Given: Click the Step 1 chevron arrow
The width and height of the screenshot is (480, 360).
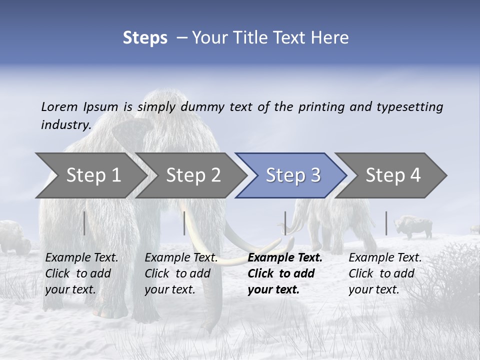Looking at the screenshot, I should (x=93, y=175).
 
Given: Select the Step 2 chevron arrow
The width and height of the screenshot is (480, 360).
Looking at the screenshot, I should (x=193, y=175).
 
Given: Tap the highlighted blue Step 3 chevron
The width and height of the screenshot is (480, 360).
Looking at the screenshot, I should (x=292, y=175).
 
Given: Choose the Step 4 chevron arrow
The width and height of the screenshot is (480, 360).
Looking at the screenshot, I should (x=392, y=175).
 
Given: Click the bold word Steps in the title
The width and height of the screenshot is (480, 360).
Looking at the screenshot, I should (x=145, y=37).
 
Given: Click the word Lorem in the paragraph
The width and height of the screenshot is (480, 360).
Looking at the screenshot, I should (x=59, y=106).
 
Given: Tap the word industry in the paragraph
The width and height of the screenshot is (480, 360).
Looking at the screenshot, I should (x=65, y=124).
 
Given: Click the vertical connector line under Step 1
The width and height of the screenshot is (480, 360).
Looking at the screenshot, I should (x=84, y=223).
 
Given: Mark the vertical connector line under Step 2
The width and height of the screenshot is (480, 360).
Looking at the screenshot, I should (x=184, y=223).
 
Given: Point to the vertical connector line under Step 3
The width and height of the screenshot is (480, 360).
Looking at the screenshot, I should (x=285, y=223).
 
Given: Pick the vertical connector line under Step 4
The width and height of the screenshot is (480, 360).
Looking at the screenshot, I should (x=386, y=223).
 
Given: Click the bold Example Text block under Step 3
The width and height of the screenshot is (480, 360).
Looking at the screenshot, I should (x=285, y=273).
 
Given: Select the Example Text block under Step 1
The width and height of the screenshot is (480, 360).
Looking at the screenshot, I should (x=81, y=273).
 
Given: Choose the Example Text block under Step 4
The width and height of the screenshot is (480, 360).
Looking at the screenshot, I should (x=385, y=273).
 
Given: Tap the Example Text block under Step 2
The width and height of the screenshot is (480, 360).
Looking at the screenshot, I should (x=181, y=273).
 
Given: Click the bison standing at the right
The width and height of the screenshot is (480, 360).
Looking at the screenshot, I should (x=414, y=227).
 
